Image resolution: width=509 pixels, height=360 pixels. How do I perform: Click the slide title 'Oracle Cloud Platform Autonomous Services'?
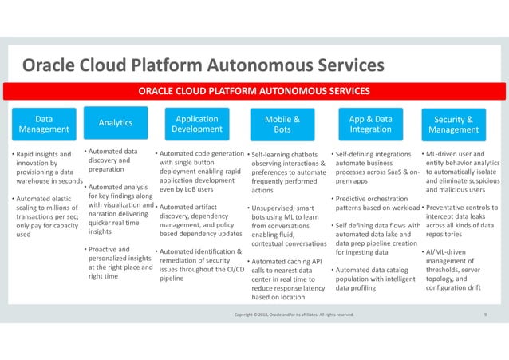click(x=203, y=63)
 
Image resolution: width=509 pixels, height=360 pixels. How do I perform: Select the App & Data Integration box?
click(x=370, y=124)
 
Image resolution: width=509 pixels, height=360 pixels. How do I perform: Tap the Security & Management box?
click(x=453, y=124)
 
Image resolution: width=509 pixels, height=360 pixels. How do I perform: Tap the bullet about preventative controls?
click(x=461, y=221)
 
